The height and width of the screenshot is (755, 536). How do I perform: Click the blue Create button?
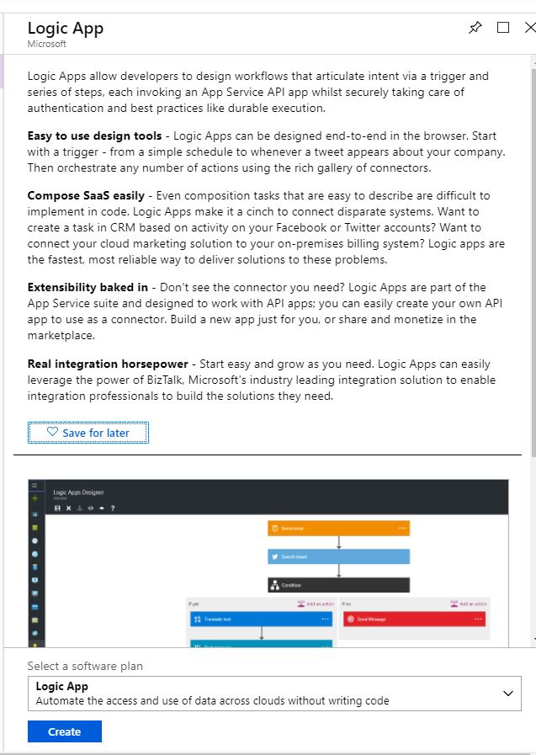64,731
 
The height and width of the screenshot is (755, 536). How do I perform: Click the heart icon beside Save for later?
52,432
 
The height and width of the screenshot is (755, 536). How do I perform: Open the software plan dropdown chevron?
507,693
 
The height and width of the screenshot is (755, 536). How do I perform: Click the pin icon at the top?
475,27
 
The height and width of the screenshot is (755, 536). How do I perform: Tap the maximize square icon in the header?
503,27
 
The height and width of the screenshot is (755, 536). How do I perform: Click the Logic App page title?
65,28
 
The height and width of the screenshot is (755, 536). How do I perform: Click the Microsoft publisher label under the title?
46,44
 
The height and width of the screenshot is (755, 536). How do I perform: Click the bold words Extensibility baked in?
88,287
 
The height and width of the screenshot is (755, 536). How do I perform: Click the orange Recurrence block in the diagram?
338,528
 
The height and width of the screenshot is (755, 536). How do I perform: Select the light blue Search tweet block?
338,556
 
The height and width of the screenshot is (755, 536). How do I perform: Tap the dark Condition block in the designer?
338,585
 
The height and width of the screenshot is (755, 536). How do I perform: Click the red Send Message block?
414,619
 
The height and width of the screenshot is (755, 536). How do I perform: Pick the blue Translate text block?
261,619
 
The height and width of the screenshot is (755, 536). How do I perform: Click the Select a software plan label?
85,666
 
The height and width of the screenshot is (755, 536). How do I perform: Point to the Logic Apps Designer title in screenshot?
78,492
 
